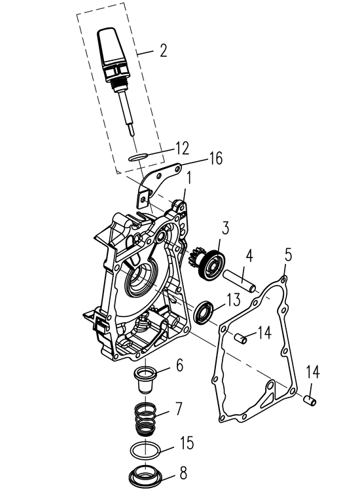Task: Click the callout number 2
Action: [163, 50]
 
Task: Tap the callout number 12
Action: [183, 148]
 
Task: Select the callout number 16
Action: [216, 158]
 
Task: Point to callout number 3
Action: [225, 228]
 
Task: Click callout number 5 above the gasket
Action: [288, 255]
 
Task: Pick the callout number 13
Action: [233, 299]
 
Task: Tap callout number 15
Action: [187, 443]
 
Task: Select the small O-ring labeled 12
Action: [138, 157]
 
